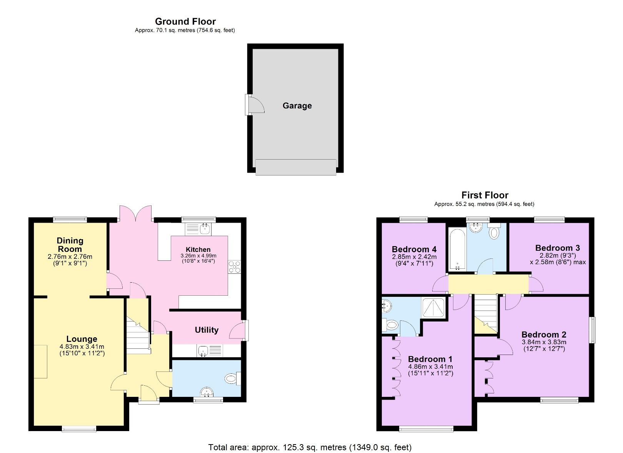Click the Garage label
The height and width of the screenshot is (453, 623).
coord(297,106)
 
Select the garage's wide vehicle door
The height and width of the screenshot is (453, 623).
coord(296,167)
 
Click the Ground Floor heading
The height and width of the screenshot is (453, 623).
coord(185,22)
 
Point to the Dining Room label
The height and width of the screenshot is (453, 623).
coord(70,245)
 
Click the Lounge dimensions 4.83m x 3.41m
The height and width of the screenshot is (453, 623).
coord(82,346)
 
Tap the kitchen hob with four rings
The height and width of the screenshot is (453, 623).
coord(234,266)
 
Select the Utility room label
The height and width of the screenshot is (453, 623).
coord(207,330)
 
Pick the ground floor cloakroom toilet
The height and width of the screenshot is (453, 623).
coord(232,379)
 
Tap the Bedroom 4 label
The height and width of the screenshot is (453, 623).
coord(414,249)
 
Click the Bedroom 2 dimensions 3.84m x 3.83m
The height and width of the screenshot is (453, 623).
coord(544,342)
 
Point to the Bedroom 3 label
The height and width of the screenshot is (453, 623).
coord(557,248)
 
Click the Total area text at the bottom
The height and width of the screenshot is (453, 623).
coord(310,447)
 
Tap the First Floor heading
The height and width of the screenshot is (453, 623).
coord(485,195)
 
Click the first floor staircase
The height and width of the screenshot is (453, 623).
coord(486,311)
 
